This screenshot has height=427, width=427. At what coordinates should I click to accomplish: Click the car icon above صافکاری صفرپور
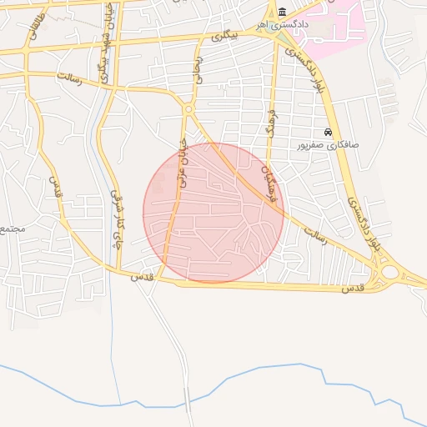[329, 132]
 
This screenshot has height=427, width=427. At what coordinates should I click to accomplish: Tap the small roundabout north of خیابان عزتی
[188, 109]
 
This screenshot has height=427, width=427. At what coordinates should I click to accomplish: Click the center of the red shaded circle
[213, 213]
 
